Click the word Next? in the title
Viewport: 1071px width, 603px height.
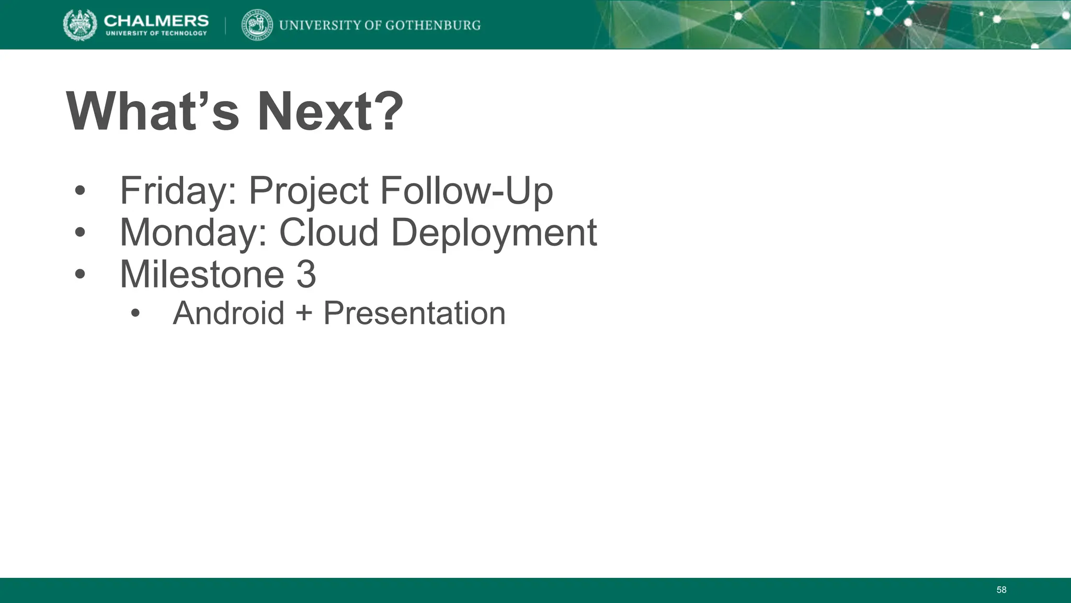point(330,112)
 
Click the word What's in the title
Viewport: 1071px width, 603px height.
point(152,112)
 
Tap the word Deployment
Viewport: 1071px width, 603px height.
point(494,232)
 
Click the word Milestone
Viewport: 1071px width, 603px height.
point(202,274)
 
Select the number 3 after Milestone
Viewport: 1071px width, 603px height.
point(306,274)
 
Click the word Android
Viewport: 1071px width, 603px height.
point(229,313)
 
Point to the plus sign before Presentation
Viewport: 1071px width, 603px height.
point(303,314)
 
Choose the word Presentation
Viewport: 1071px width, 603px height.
point(414,313)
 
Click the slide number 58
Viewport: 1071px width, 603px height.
point(1001,590)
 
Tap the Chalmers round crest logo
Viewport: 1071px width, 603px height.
point(80,25)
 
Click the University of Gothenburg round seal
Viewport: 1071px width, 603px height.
point(257,25)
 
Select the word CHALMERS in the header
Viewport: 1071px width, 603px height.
point(156,20)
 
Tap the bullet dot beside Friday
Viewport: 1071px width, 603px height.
point(79,191)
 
